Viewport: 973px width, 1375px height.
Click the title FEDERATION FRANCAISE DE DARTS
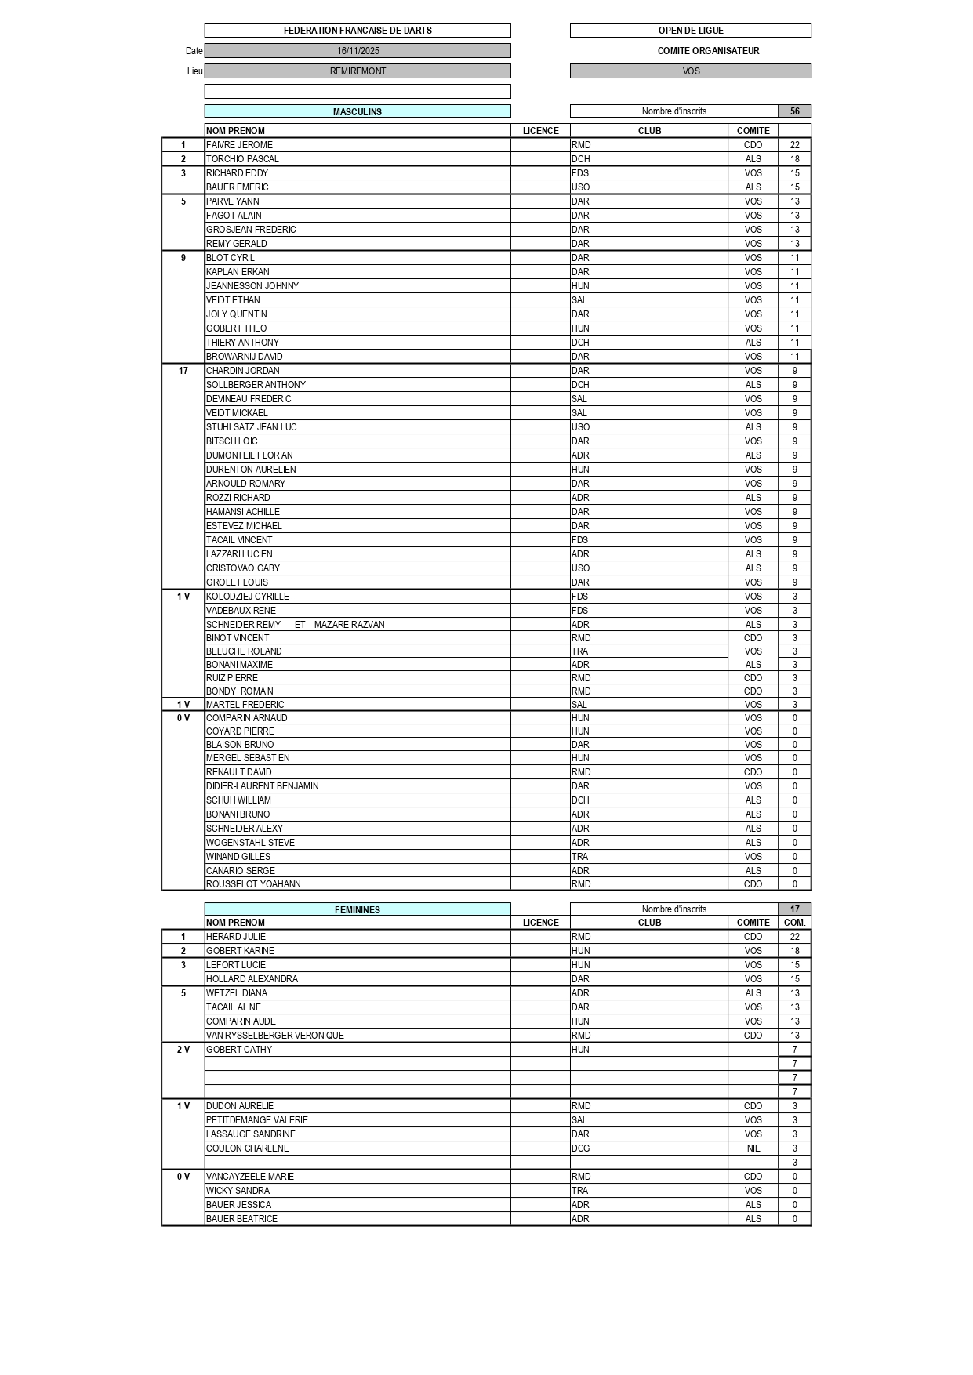point(358,31)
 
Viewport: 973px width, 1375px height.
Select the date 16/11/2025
point(358,51)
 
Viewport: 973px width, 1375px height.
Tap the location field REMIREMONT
point(358,71)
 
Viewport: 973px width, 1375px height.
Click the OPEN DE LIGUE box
point(690,31)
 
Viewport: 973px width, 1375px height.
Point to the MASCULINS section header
point(358,112)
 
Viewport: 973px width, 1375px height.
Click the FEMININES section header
point(358,910)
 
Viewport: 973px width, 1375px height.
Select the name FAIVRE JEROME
point(239,145)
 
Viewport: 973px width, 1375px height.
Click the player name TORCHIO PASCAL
point(242,159)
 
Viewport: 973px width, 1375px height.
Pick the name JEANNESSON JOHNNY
point(252,286)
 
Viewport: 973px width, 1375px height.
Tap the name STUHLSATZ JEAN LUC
point(251,427)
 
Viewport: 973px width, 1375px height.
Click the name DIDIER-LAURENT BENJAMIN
point(262,786)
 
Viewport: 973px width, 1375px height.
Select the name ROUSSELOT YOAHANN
point(253,884)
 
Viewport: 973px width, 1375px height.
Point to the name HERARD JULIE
point(236,937)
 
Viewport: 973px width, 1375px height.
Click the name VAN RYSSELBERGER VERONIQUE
point(274,1036)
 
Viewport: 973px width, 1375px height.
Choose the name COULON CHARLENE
point(247,1148)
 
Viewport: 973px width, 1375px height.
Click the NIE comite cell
point(753,1148)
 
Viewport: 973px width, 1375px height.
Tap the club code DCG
point(580,1148)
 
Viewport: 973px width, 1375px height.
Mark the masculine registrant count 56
point(794,111)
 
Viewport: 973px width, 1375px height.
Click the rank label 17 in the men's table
point(183,371)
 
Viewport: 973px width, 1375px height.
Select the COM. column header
point(794,923)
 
